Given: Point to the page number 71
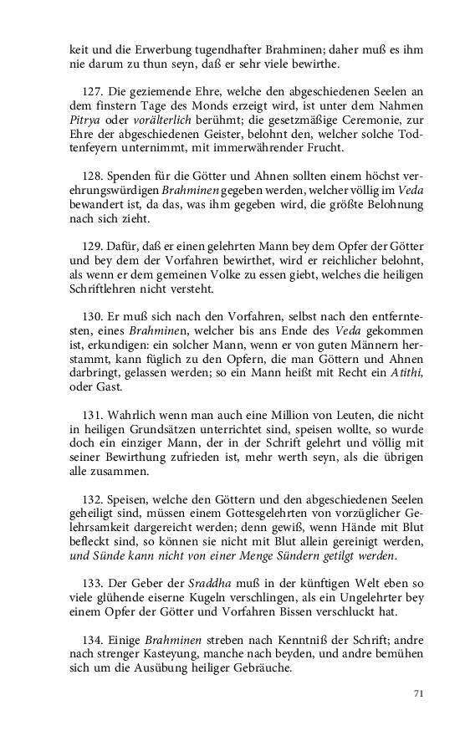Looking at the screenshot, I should coord(419,693).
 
